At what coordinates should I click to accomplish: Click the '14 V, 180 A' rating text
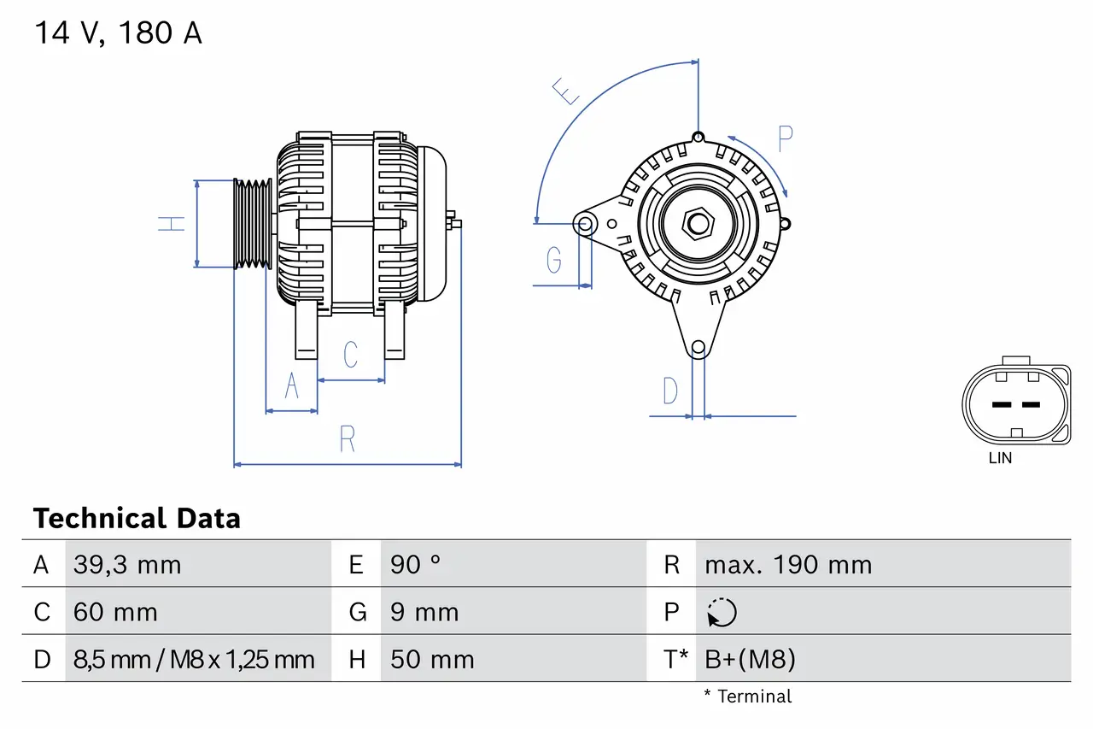pos(118,33)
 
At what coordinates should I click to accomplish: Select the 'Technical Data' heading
pos(137,518)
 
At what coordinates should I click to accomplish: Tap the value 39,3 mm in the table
pos(127,565)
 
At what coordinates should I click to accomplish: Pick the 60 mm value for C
pos(115,612)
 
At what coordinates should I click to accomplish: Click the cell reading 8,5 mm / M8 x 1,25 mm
pos(194,659)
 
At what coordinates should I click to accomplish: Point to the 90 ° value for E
pos(416,565)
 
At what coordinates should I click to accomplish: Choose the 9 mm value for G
pos(424,612)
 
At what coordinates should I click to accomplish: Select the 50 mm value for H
pos(432,659)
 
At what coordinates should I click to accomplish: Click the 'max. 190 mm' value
pos(788,565)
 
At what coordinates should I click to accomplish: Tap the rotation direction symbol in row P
pos(722,612)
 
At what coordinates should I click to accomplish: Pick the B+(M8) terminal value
pos(750,659)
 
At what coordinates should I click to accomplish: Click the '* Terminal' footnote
pos(747,697)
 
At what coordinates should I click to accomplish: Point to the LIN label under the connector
pos(1000,458)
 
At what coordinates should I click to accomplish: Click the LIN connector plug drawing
pos(1016,404)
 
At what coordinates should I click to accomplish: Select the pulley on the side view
pos(254,224)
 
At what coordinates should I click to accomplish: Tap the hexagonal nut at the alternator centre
pos(698,224)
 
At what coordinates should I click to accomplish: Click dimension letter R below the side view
pos(347,439)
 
